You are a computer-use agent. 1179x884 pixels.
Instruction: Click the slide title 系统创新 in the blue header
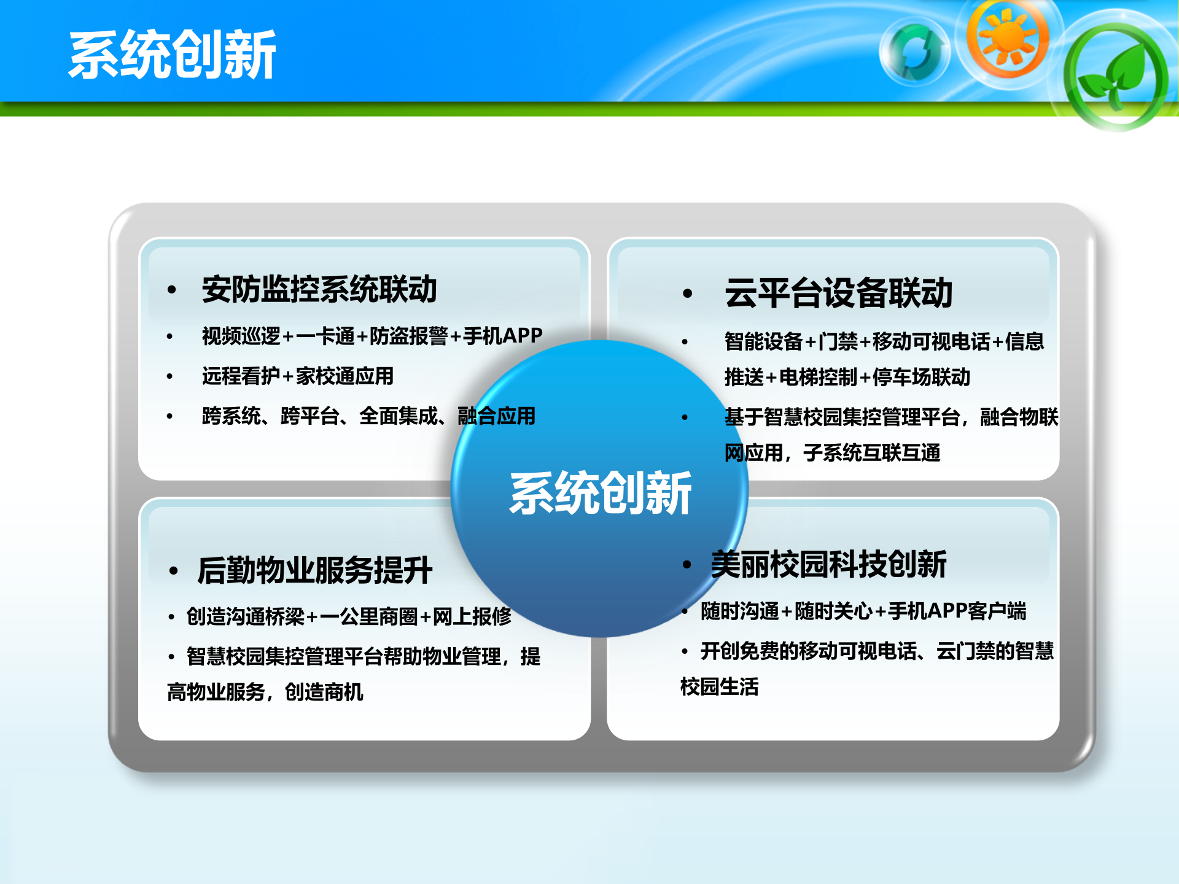coord(173,55)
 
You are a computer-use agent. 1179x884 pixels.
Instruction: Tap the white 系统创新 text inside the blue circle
coord(601,493)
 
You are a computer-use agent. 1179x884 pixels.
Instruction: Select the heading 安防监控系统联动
coord(319,289)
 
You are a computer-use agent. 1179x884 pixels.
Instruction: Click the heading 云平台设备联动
coord(838,293)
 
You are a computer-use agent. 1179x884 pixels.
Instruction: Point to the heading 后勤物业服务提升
coord(315,570)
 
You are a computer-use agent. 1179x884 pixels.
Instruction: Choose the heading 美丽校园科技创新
coord(828,564)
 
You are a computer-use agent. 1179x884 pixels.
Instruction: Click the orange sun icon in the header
coord(1007,38)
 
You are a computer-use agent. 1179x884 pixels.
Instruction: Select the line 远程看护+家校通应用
coord(298,376)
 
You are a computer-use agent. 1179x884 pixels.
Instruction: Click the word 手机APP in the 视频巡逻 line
coord(503,336)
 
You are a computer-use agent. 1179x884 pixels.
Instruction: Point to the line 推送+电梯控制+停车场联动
coord(847,377)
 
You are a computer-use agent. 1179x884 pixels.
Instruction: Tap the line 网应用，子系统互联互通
coord(832,453)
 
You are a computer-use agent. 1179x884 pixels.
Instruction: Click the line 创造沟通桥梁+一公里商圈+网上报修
coord(349,616)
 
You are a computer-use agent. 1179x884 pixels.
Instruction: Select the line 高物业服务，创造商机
coord(265,692)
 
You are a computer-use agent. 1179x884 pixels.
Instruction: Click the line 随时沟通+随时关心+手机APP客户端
coord(863,611)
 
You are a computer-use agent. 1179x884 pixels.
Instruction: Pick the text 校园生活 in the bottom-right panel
coord(719,686)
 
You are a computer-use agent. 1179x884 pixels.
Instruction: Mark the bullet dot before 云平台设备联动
coord(687,293)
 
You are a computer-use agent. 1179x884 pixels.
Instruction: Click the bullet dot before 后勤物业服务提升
coord(173,571)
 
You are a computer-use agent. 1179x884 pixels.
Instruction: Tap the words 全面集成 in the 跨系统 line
coord(398,416)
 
